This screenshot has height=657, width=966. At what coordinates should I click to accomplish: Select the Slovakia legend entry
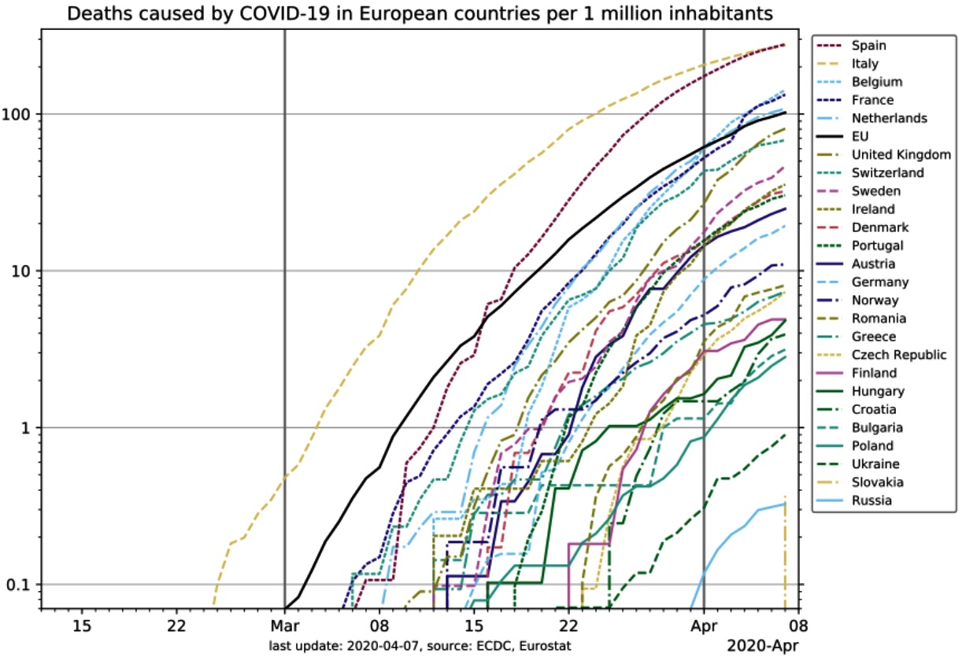coord(876,482)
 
